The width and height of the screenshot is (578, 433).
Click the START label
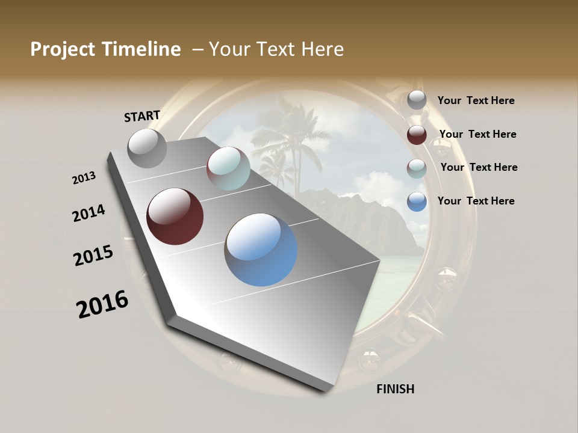coord(142,116)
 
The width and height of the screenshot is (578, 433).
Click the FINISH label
coord(395,389)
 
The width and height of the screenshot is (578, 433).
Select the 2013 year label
coord(84,178)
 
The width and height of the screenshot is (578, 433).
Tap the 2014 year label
coord(89,213)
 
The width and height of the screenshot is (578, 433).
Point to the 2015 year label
coord(93,256)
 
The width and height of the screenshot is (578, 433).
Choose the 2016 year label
coord(102,304)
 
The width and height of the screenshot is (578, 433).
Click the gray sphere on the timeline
coord(148,149)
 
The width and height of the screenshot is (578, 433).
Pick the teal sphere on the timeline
coord(228,168)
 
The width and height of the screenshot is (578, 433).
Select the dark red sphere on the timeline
coord(175,216)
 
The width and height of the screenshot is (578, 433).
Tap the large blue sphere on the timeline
coord(261,249)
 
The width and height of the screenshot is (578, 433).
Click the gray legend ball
coord(417,100)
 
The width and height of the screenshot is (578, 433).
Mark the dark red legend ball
coord(417,135)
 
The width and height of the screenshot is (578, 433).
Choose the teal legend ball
coord(417,168)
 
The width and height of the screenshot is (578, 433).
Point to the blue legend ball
coord(417,201)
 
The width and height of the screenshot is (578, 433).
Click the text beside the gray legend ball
coord(476,101)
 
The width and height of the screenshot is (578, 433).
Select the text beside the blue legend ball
coord(476,201)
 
